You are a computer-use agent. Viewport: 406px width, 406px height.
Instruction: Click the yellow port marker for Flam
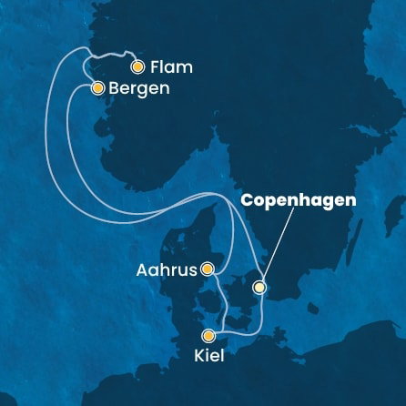[137, 66]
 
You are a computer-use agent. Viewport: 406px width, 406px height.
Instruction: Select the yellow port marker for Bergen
[96, 88]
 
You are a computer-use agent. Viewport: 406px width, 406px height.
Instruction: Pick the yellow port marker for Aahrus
[208, 269]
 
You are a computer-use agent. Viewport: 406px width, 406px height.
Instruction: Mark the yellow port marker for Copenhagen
[259, 288]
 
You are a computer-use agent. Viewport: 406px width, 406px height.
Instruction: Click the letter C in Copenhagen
[245, 198]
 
